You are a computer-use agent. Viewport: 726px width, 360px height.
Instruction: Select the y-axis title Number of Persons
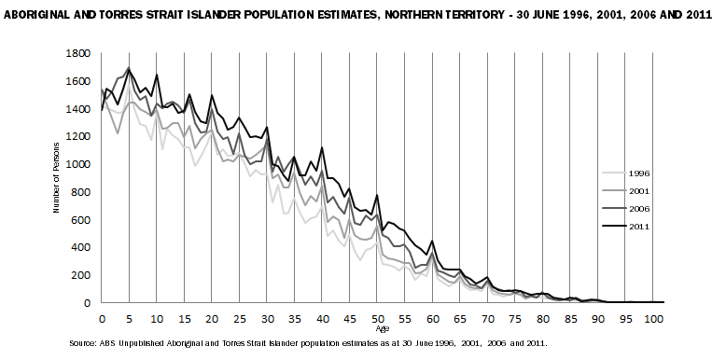tap(57, 178)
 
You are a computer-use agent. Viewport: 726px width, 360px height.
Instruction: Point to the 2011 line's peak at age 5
tap(129, 68)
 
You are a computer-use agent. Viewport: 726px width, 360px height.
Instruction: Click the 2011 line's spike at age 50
tap(377, 196)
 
